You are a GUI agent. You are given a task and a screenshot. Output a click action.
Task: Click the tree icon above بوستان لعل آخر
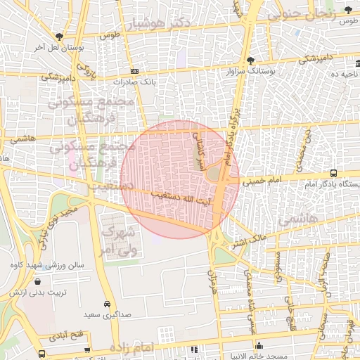point(59,37)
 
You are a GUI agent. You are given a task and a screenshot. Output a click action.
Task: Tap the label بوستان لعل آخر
point(59,48)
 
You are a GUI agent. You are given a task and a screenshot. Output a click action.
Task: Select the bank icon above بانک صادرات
point(134,71)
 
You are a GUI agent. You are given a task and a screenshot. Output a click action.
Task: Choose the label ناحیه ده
point(345,72)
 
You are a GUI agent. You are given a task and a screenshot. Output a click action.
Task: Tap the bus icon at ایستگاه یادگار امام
point(333,173)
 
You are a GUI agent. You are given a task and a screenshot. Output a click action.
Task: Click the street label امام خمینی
point(262,181)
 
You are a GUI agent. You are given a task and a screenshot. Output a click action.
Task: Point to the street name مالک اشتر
point(250,240)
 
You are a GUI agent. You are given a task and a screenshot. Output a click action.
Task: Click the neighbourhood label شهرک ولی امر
point(116,240)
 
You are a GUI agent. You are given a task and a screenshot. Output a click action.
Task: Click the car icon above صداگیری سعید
point(106,304)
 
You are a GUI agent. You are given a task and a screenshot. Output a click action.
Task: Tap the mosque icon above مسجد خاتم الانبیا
point(260,345)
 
